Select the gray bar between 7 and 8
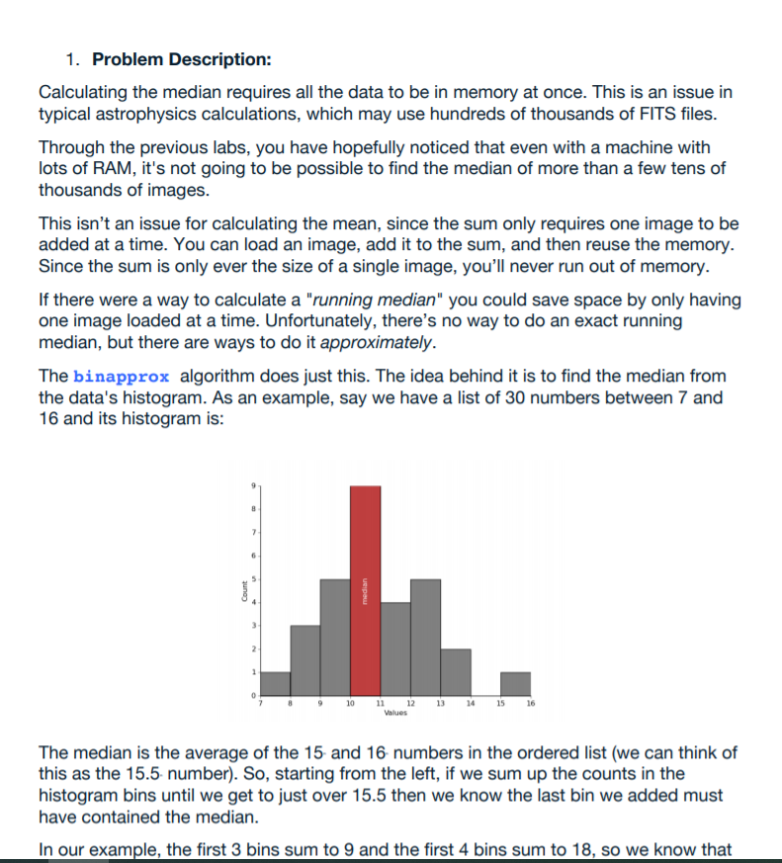click(275, 684)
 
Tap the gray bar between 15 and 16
click(515, 684)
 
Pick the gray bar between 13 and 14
click(455, 672)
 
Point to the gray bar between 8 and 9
click(304, 660)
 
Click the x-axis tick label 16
click(531, 704)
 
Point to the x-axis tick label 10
click(351, 704)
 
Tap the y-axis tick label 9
click(252, 485)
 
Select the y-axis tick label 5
click(252, 579)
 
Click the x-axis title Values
click(395, 713)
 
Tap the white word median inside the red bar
click(365, 591)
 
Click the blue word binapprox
click(122, 377)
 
